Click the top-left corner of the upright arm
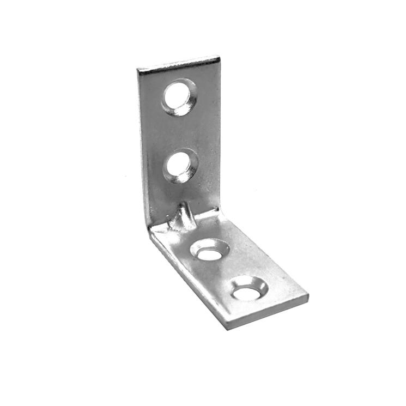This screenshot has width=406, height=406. tap(138, 70)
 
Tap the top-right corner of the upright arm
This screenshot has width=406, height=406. tap(219, 57)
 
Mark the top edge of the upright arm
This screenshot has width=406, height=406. tap(179, 63)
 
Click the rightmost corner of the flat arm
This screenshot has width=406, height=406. tap(308, 297)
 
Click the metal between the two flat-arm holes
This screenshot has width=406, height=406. tap(229, 271)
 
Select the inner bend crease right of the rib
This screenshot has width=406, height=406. tap(210, 214)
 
